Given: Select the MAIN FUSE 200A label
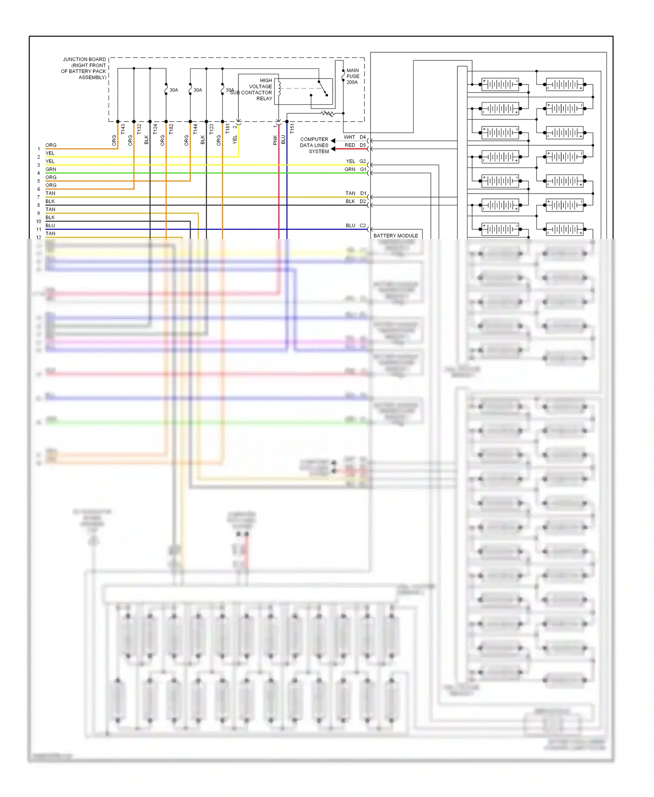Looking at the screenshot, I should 352,76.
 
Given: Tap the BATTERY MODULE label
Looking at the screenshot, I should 395,235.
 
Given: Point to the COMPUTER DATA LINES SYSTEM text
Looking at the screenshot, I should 314,145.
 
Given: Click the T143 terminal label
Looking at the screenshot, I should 123,129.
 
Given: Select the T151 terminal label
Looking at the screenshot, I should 292,129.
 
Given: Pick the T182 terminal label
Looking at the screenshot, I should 171,129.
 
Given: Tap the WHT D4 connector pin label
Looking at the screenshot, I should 355,137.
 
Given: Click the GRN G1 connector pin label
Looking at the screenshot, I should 355,169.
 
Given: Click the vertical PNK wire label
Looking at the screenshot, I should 275,140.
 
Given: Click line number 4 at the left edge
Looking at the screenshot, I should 38,173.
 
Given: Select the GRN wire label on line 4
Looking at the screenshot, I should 51,169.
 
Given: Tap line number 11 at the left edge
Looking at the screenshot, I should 39,229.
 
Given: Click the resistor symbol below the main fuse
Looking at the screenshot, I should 327,113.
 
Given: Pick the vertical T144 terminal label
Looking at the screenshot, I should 195,129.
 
